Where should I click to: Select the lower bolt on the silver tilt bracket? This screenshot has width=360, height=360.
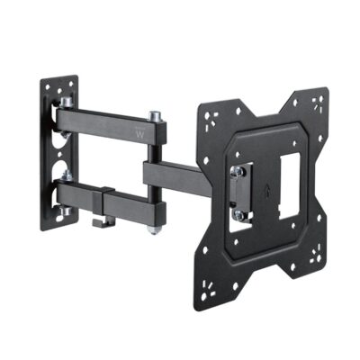coord(239,214)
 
